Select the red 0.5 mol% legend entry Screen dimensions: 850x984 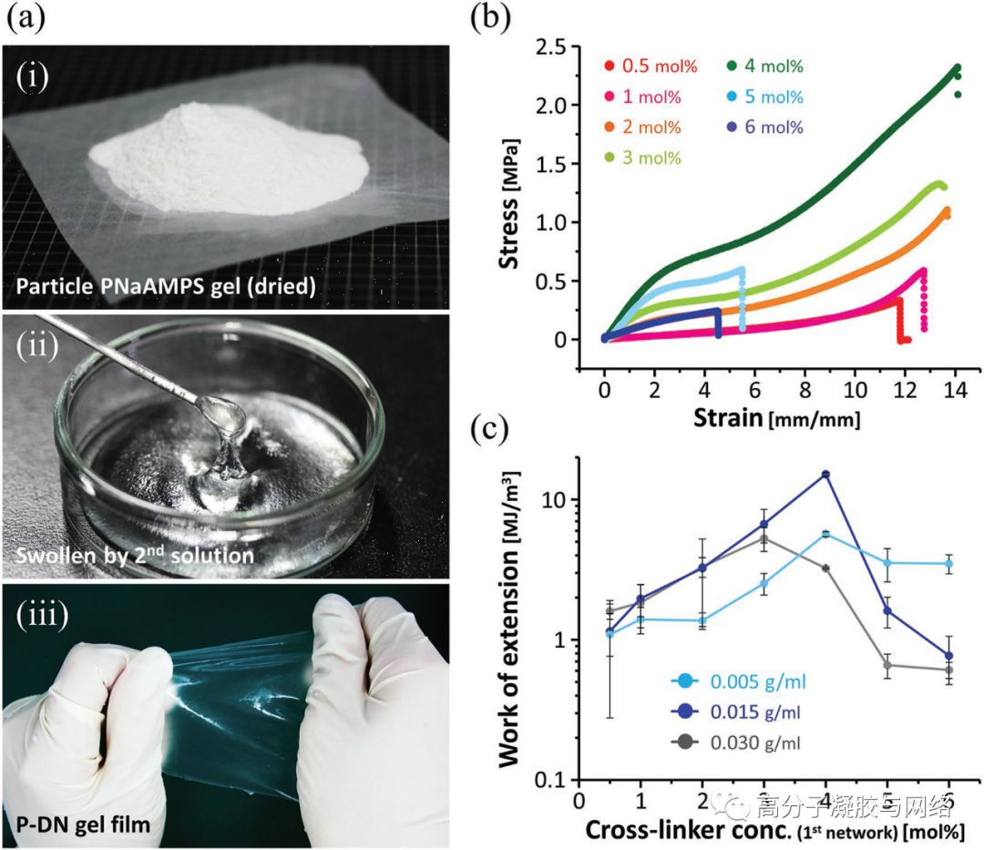click(x=641, y=66)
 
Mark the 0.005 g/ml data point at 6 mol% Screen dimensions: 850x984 click(x=948, y=564)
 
